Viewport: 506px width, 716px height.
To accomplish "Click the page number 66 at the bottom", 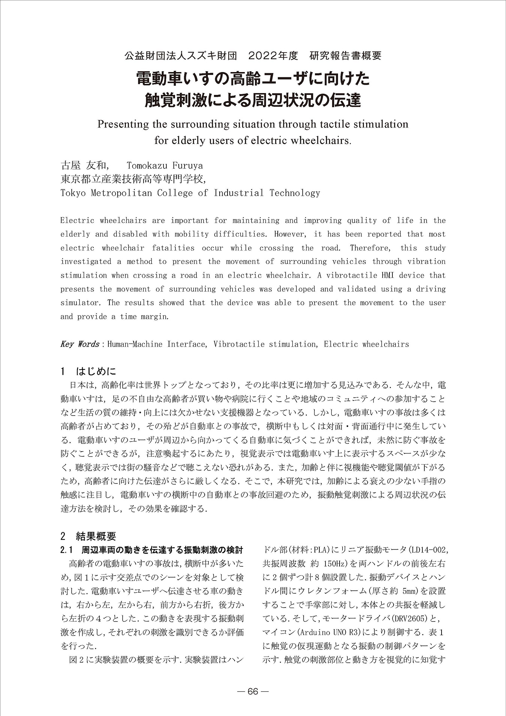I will pos(253,691).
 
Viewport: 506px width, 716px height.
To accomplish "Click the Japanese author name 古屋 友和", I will pos(83,165).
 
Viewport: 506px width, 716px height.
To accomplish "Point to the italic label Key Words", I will pos(79,344).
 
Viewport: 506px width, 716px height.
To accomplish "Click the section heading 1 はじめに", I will pos(88,371).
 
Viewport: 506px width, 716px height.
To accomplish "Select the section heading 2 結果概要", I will pos(88,536).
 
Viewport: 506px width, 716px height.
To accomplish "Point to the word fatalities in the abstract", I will pos(173,248).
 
